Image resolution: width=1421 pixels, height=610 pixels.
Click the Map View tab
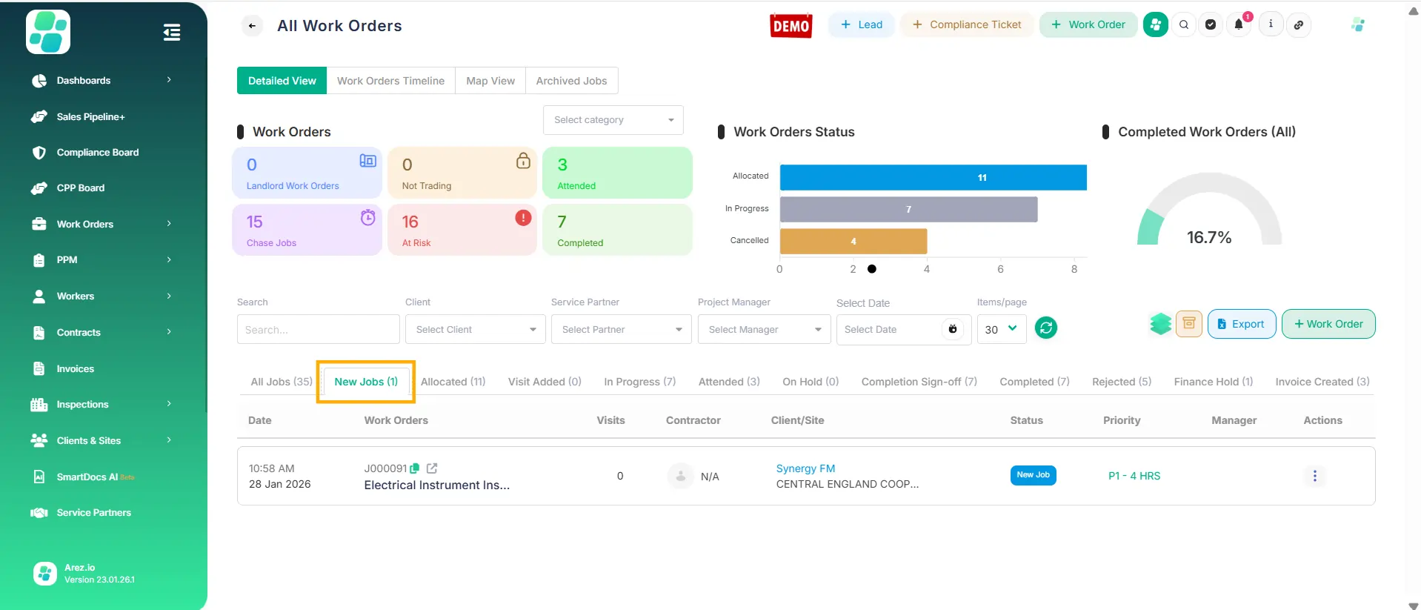(x=490, y=81)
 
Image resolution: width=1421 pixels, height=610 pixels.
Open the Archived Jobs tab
(x=571, y=81)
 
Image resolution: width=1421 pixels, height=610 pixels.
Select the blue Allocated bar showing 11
(x=933, y=178)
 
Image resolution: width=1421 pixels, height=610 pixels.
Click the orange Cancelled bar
(x=853, y=242)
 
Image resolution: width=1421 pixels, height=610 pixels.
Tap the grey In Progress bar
(x=908, y=210)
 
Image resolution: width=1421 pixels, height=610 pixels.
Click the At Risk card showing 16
(x=462, y=231)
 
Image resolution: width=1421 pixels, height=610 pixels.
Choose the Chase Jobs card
(x=307, y=231)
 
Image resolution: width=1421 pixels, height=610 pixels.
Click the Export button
(x=1241, y=324)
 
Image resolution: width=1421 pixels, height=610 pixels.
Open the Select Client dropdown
(x=475, y=330)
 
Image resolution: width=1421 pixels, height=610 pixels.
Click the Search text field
(x=318, y=330)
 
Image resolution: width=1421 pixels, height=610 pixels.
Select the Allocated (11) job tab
(x=453, y=382)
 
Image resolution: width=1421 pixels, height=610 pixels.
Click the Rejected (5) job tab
(x=1121, y=382)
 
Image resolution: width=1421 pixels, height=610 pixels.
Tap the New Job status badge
(x=1033, y=475)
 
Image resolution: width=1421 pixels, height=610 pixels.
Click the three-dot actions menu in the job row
(x=1314, y=476)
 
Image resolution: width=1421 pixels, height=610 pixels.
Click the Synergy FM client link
(x=805, y=468)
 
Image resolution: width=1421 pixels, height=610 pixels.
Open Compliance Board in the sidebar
(x=97, y=153)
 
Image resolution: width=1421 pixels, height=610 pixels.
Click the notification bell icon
(x=1238, y=25)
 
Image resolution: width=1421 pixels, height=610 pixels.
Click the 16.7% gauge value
(x=1208, y=238)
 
